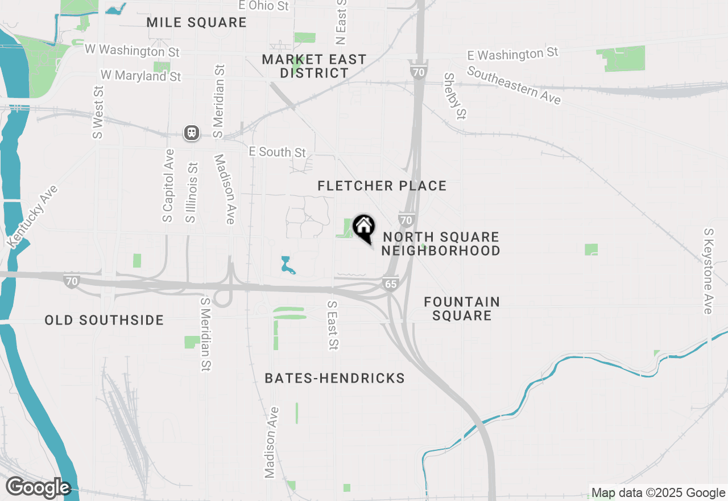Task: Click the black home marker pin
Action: (364, 228)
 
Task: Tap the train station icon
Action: (192, 133)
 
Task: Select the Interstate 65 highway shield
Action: (390, 284)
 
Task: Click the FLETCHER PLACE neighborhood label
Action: (382, 186)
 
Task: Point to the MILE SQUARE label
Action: (196, 23)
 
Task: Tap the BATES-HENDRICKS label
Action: (334, 378)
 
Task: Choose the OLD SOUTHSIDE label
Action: (104, 320)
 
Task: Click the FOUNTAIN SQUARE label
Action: (462, 309)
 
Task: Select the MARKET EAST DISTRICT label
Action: (314, 66)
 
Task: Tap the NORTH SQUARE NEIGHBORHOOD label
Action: (441, 244)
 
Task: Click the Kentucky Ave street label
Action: (33, 216)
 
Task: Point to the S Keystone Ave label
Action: (708, 271)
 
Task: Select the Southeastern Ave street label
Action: (514, 85)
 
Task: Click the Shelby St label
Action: (455, 96)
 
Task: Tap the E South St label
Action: (278, 152)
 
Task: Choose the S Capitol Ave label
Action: (168, 186)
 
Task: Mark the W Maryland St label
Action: (140, 75)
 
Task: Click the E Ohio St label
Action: (263, 6)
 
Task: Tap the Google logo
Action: (38, 487)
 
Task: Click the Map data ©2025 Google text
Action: (658, 493)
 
